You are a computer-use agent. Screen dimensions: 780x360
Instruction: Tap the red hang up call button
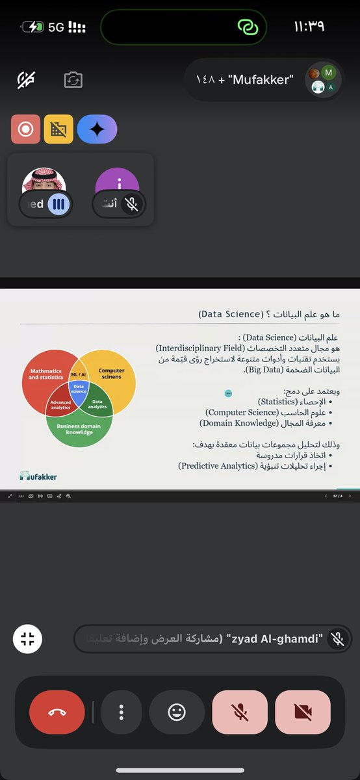(x=57, y=712)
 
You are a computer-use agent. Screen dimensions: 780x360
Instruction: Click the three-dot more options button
(x=122, y=712)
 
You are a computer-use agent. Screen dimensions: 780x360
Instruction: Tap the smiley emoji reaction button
(x=177, y=712)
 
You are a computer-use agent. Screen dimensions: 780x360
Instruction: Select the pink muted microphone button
(x=240, y=712)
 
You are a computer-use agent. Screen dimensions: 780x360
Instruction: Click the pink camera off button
(x=303, y=712)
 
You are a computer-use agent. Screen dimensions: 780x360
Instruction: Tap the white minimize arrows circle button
(x=27, y=638)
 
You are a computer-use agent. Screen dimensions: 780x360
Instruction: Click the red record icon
(x=25, y=129)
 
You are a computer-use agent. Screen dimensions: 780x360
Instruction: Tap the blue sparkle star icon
(x=97, y=129)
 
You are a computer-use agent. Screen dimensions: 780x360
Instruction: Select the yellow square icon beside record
(x=58, y=129)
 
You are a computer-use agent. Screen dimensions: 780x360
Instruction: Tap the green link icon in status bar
(x=248, y=27)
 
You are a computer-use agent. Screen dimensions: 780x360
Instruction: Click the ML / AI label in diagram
(x=79, y=375)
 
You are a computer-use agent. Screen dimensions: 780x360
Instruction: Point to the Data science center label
(x=79, y=389)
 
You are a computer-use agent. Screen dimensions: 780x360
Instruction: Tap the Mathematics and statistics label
(x=46, y=374)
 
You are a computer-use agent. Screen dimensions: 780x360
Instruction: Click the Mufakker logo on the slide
(x=38, y=476)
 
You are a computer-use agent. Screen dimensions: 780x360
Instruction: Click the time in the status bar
(x=309, y=27)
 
